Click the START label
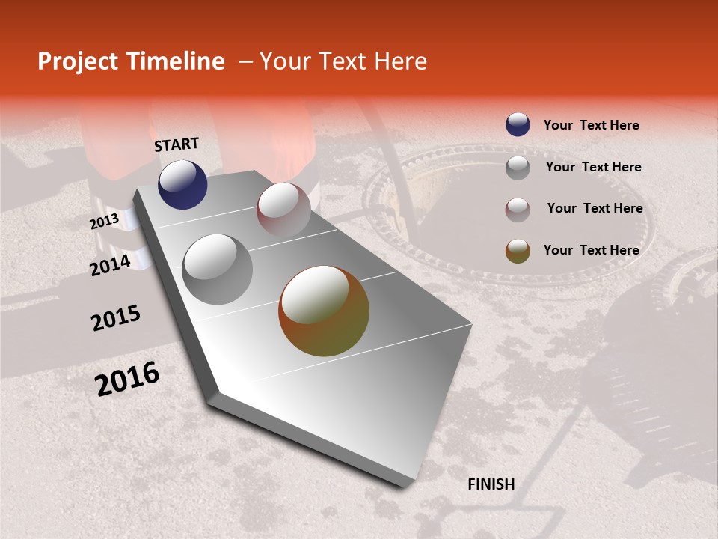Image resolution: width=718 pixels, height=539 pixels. (177, 144)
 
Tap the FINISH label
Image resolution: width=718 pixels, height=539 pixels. (491, 484)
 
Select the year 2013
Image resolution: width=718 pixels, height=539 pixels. (104, 222)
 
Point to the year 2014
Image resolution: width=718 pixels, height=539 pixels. (110, 265)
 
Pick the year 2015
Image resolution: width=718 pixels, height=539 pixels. (116, 319)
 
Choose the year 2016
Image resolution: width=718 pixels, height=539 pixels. (127, 379)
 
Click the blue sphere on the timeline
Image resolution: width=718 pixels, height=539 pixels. (182, 184)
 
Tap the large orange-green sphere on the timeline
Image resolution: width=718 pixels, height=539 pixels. (324, 311)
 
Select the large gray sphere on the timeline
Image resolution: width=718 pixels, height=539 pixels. (218, 269)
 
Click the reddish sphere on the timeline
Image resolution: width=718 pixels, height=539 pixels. (283, 210)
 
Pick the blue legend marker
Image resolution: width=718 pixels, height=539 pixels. (518, 125)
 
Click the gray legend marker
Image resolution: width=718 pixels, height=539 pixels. (518, 168)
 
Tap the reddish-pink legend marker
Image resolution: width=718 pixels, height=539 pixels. (518, 209)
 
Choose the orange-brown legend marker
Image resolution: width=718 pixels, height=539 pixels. (518, 251)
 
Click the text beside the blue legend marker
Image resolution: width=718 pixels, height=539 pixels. (591, 125)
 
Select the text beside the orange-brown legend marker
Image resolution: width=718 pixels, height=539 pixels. (591, 250)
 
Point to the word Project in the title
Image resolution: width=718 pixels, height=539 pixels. (77, 61)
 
